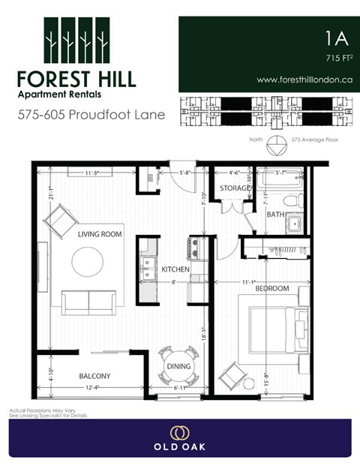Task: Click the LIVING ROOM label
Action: click(100, 234)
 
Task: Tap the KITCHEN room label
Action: click(175, 269)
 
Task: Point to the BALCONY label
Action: click(95, 376)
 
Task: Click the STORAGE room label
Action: click(235, 188)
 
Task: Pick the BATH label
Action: click(275, 215)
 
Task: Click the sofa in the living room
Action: click(88, 302)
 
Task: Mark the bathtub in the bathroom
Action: click(280, 180)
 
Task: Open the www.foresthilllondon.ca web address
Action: click(304, 80)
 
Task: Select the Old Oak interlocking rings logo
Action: click(179, 432)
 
